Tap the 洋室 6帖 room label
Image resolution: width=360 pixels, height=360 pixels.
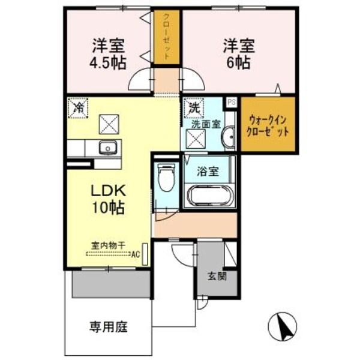[240, 54]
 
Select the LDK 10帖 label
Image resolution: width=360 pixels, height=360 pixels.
[108, 199]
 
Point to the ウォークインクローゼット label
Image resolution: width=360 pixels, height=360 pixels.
[268, 125]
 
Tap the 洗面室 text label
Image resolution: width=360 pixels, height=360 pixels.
[205, 124]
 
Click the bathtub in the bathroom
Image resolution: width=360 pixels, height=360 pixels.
[209, 196]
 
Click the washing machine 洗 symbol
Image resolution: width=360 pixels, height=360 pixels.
[194, 109]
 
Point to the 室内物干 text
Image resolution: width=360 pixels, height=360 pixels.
[108, 244]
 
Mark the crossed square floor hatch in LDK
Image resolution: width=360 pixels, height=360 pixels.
[110, 124]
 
